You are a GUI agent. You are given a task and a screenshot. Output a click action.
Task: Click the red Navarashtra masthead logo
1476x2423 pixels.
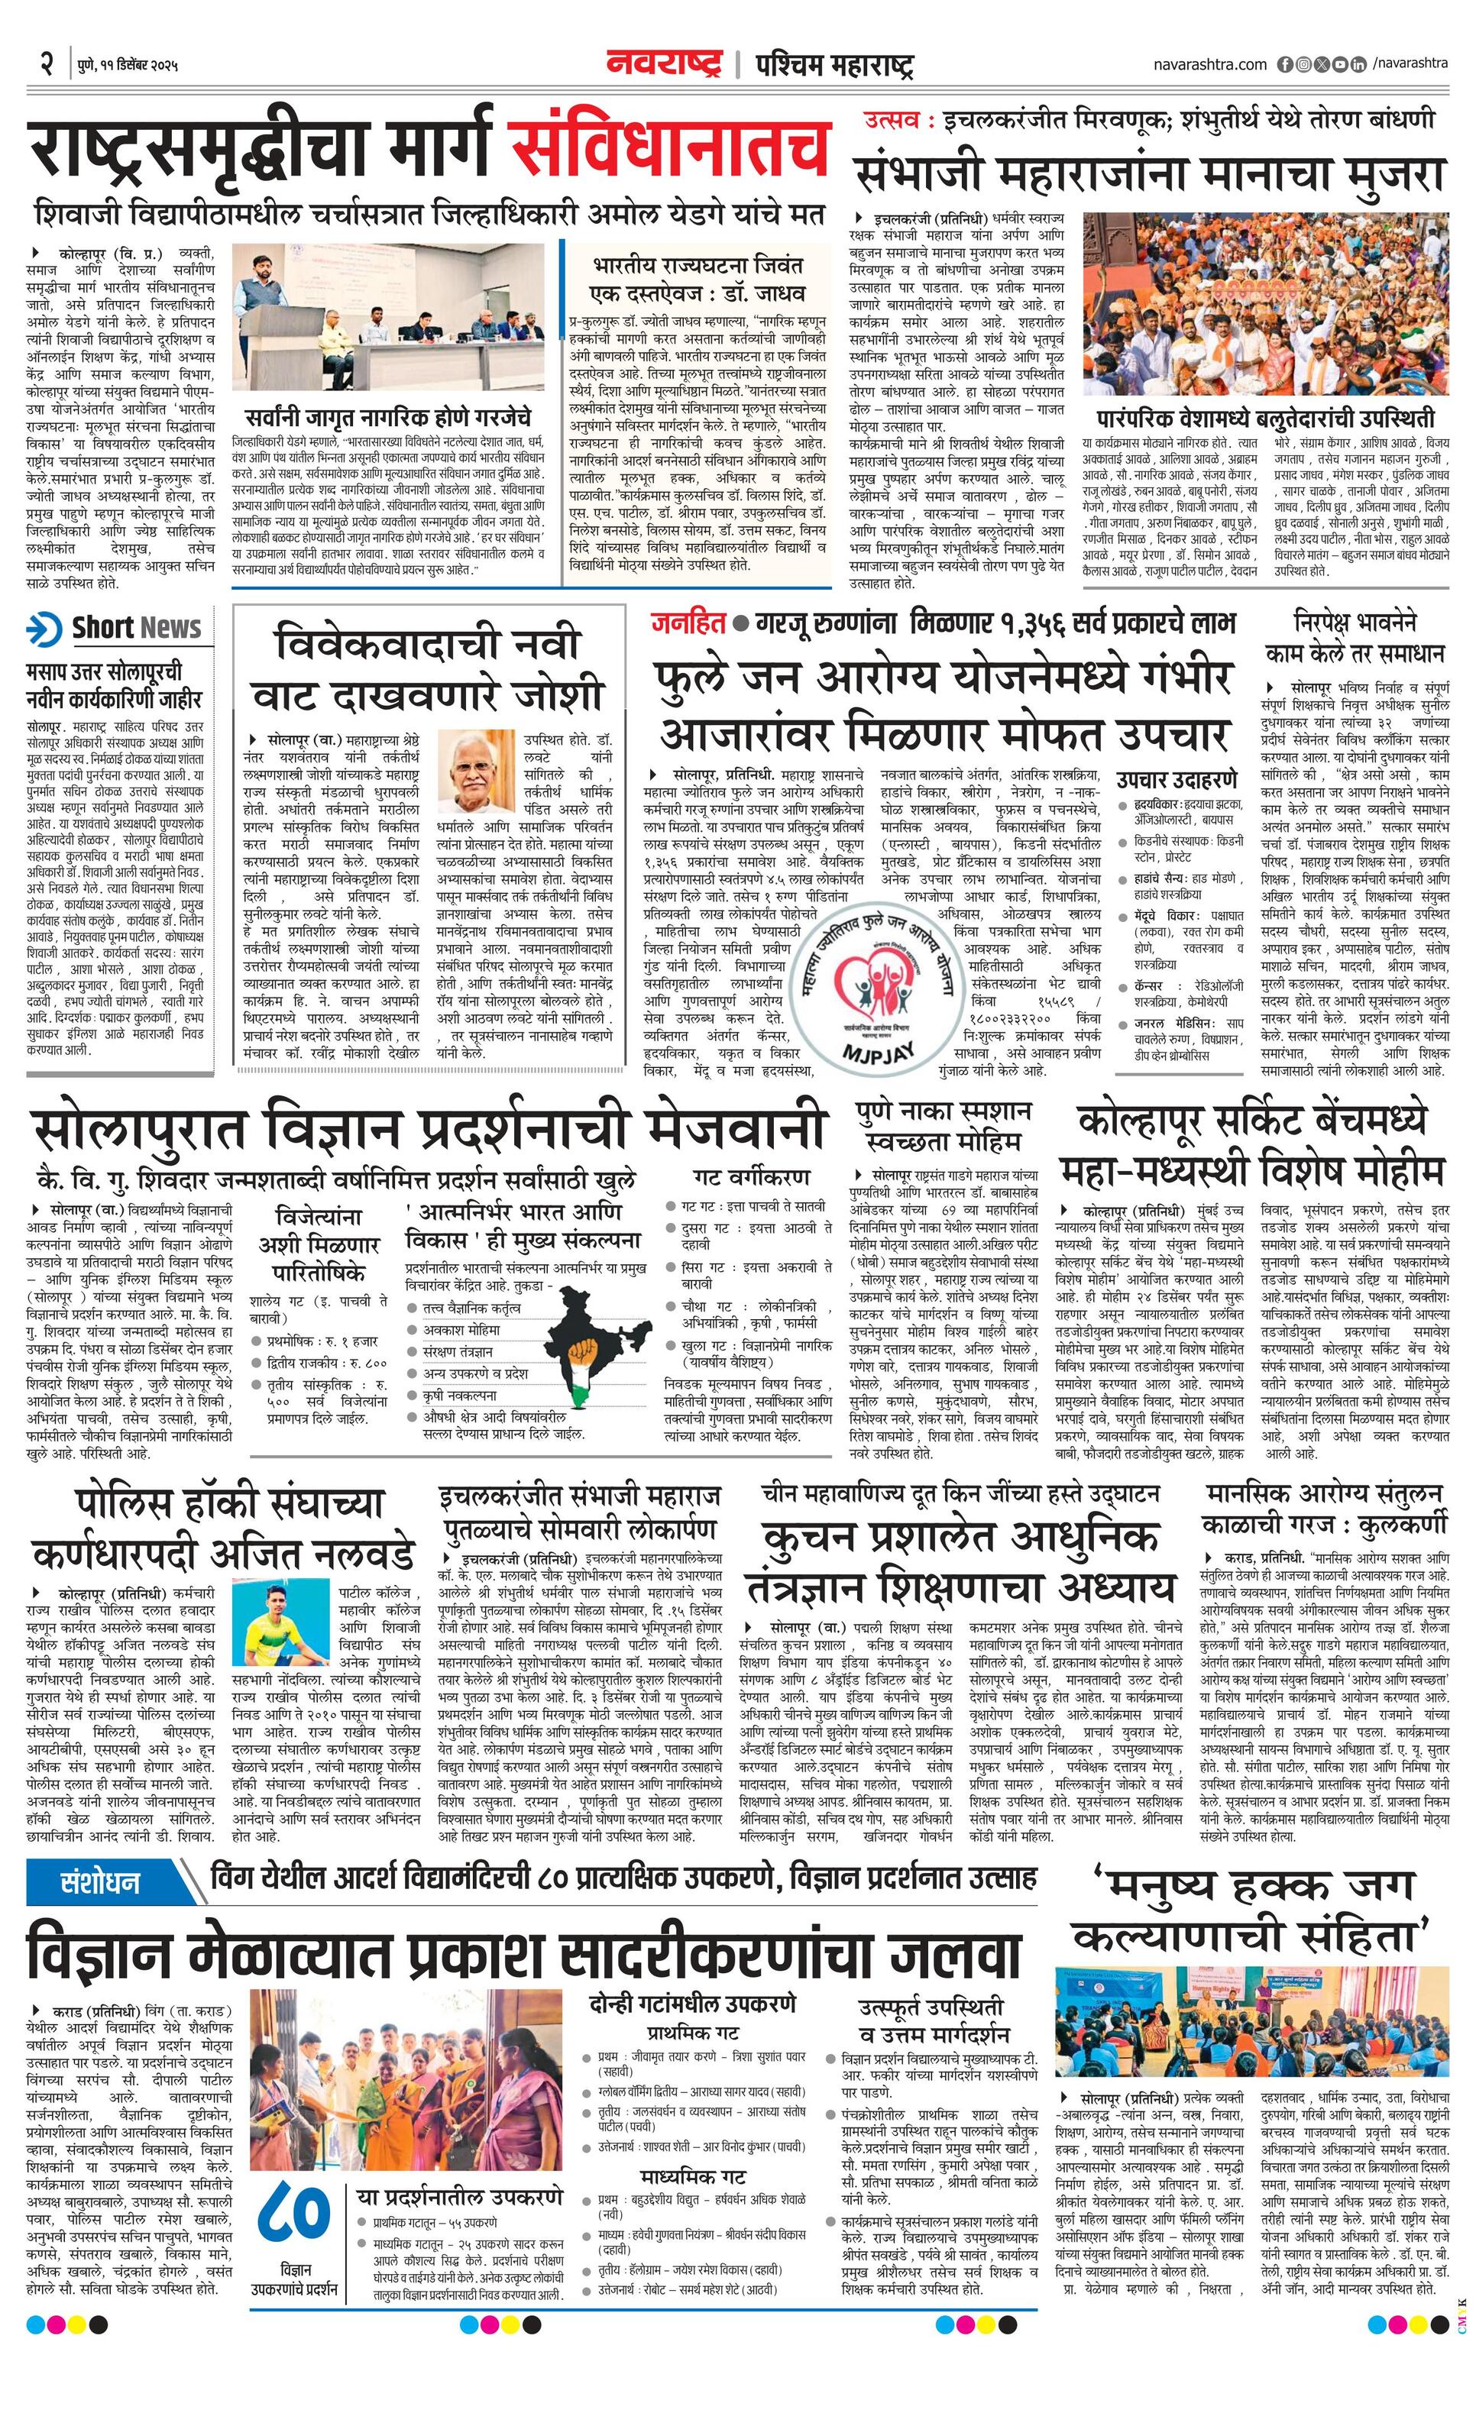[x=664, y=64]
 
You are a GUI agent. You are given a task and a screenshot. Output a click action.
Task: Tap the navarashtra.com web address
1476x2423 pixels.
[x=1210, y=64]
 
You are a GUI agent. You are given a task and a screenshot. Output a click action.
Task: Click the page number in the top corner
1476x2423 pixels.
[x=45, y=65]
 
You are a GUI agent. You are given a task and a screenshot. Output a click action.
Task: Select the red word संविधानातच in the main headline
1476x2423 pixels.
[x=668, y=150]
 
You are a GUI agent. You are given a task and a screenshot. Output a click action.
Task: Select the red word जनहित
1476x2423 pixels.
[x=688, y=623]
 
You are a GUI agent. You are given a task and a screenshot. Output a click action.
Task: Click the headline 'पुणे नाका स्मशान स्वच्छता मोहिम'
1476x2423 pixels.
[x=943, y=1126]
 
